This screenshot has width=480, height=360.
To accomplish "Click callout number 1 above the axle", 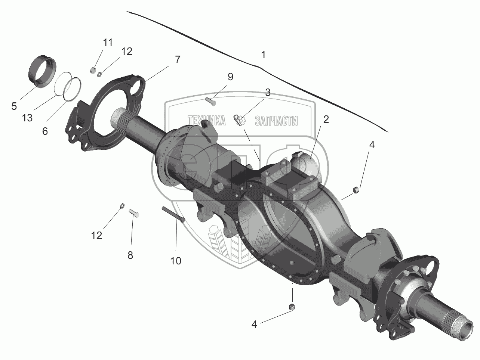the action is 263,55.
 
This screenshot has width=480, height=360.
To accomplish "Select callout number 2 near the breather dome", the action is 326,120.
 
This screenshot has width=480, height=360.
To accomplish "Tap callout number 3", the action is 268,92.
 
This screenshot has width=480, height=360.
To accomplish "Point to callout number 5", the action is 14,106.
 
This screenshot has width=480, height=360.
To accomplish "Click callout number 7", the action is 177,59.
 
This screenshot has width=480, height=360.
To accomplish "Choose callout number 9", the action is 230,77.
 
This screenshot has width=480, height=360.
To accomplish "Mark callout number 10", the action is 176,261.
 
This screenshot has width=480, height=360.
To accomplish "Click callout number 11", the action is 108,42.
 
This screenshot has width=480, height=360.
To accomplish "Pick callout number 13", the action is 27,118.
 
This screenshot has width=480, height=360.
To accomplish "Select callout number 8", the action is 130,255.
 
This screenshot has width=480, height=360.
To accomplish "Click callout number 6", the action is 45,131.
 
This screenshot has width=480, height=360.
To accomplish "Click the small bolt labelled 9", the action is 210,100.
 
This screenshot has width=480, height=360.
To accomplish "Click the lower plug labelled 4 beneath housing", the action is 293,307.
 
